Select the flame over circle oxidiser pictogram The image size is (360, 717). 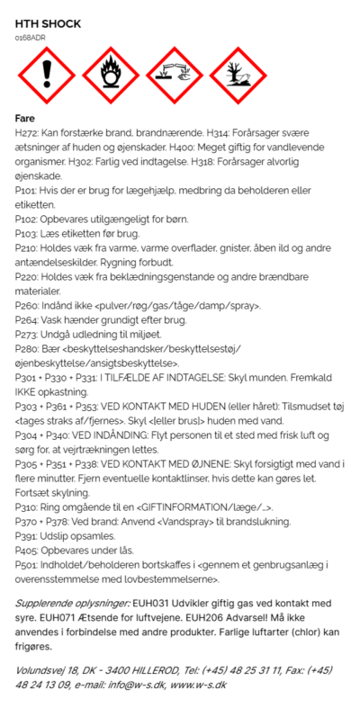coord(109,77)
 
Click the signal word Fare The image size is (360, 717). coord(26,118)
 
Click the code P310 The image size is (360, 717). coord(27,508)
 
